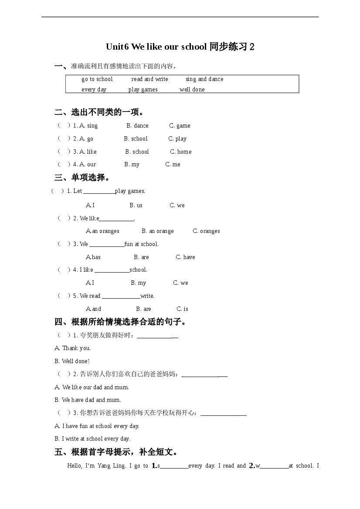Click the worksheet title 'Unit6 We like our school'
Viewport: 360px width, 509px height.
click(x=156, y=47)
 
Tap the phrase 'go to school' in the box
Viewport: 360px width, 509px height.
click(x=97, y=79)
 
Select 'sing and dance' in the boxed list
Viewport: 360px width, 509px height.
click(x=204, y=79)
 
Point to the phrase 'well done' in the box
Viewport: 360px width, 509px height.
click(x=192, y=90)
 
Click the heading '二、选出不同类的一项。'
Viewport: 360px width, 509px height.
click(x=99, y=112)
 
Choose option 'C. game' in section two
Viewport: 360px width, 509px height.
click(x=180, y=126)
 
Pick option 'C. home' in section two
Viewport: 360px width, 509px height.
click(x=180, y=152)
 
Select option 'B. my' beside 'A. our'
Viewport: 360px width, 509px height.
click(x=132, y=165)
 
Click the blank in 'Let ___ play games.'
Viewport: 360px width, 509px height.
click(x=99, y=191)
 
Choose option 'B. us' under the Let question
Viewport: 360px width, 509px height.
click(x=136, y=206)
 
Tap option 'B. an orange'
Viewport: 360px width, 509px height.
click(x=157, y=231)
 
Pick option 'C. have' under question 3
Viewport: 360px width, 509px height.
click(x=185, y=257)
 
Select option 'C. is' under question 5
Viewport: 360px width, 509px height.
click(x=182, y=309)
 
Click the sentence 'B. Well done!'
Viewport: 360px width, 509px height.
click(x=72, y=361)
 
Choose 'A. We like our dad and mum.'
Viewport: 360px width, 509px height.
click(x=92, y=388)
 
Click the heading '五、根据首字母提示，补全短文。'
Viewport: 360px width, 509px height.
click(x=116, y=452)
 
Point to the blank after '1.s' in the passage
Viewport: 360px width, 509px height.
click(x=174, y=466)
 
